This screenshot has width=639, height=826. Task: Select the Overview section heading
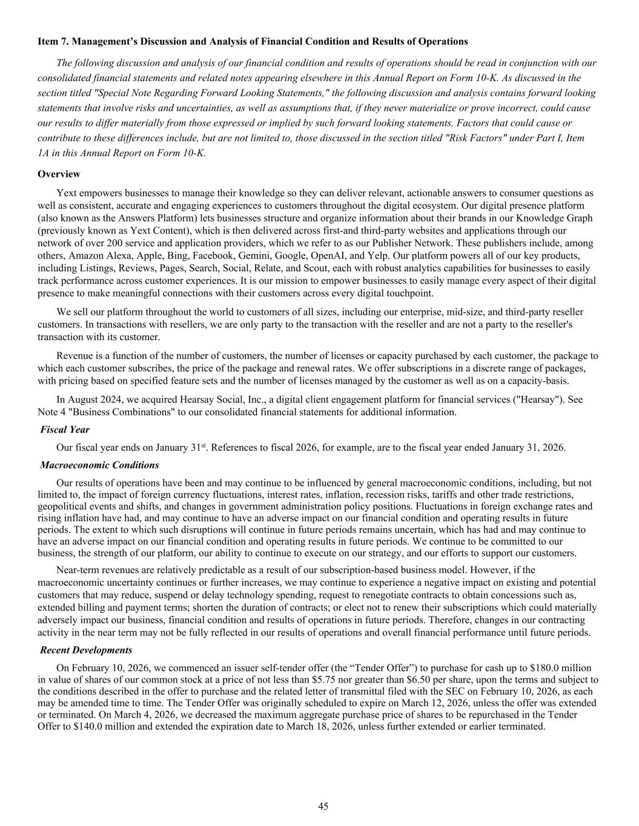[59, 174]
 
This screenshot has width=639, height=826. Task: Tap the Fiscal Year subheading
[65, 430]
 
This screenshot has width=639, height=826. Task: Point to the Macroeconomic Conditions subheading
[99, 465]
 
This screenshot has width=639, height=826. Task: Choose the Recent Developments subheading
[86, 651]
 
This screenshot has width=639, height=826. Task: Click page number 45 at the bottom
[323, 806]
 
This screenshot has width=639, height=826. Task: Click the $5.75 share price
[331, 680]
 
